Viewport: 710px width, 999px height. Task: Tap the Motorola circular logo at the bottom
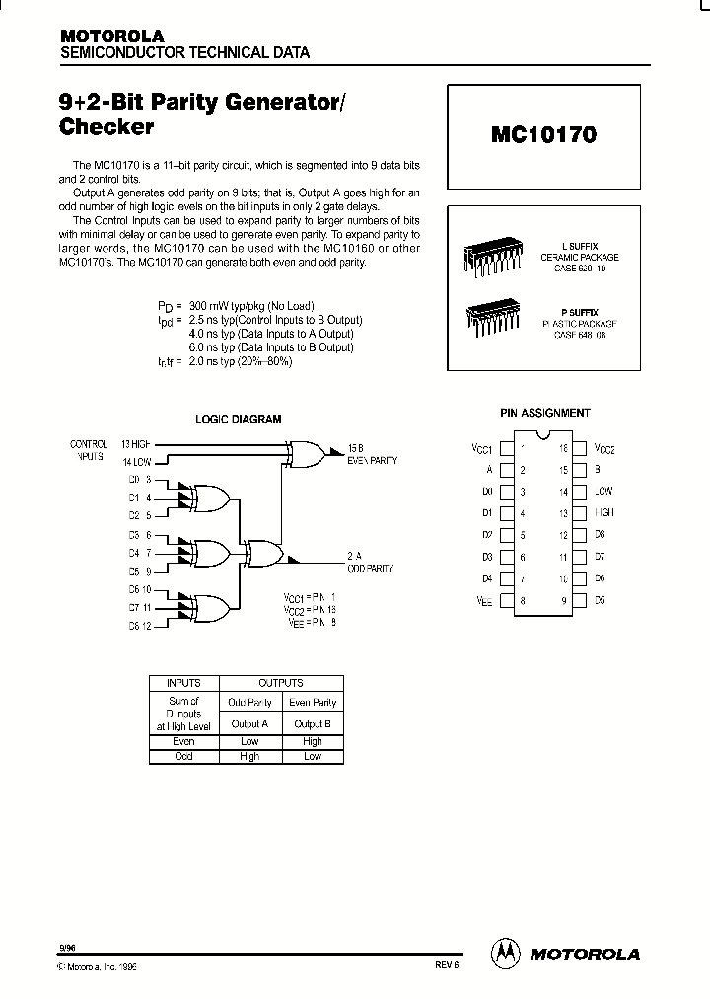point(505,953)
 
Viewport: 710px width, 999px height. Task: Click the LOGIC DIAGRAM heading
point(238,419)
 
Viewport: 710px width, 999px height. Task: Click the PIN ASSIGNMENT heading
point(545,413)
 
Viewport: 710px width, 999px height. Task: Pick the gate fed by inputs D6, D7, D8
point(210,606)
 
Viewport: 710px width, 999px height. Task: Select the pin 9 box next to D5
point(580,600)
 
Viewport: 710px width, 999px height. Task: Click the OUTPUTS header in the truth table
point(281,683)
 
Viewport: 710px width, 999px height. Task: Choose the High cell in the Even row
point(313,742)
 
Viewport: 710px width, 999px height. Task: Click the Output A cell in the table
point(249,723)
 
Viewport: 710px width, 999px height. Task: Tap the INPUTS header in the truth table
point(183,683)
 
